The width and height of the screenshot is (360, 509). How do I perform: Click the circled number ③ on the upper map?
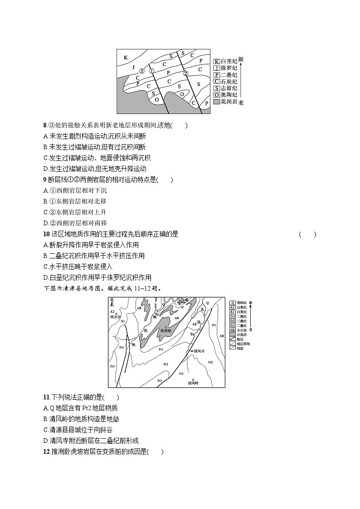141,71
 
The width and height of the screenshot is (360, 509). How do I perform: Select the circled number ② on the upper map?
185,73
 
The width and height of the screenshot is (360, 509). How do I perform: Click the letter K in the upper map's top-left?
126,58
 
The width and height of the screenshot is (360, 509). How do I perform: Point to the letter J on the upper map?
133,67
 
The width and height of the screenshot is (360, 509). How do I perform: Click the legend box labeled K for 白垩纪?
217,61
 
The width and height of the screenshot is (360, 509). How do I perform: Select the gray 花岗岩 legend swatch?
217,102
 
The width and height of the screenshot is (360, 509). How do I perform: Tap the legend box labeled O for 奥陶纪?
217,95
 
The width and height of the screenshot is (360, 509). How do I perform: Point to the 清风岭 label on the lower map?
194,383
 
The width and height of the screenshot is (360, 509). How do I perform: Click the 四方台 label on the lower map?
117,317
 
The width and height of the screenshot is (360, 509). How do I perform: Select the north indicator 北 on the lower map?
112,300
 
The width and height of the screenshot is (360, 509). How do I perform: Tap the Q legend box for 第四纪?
232,302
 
